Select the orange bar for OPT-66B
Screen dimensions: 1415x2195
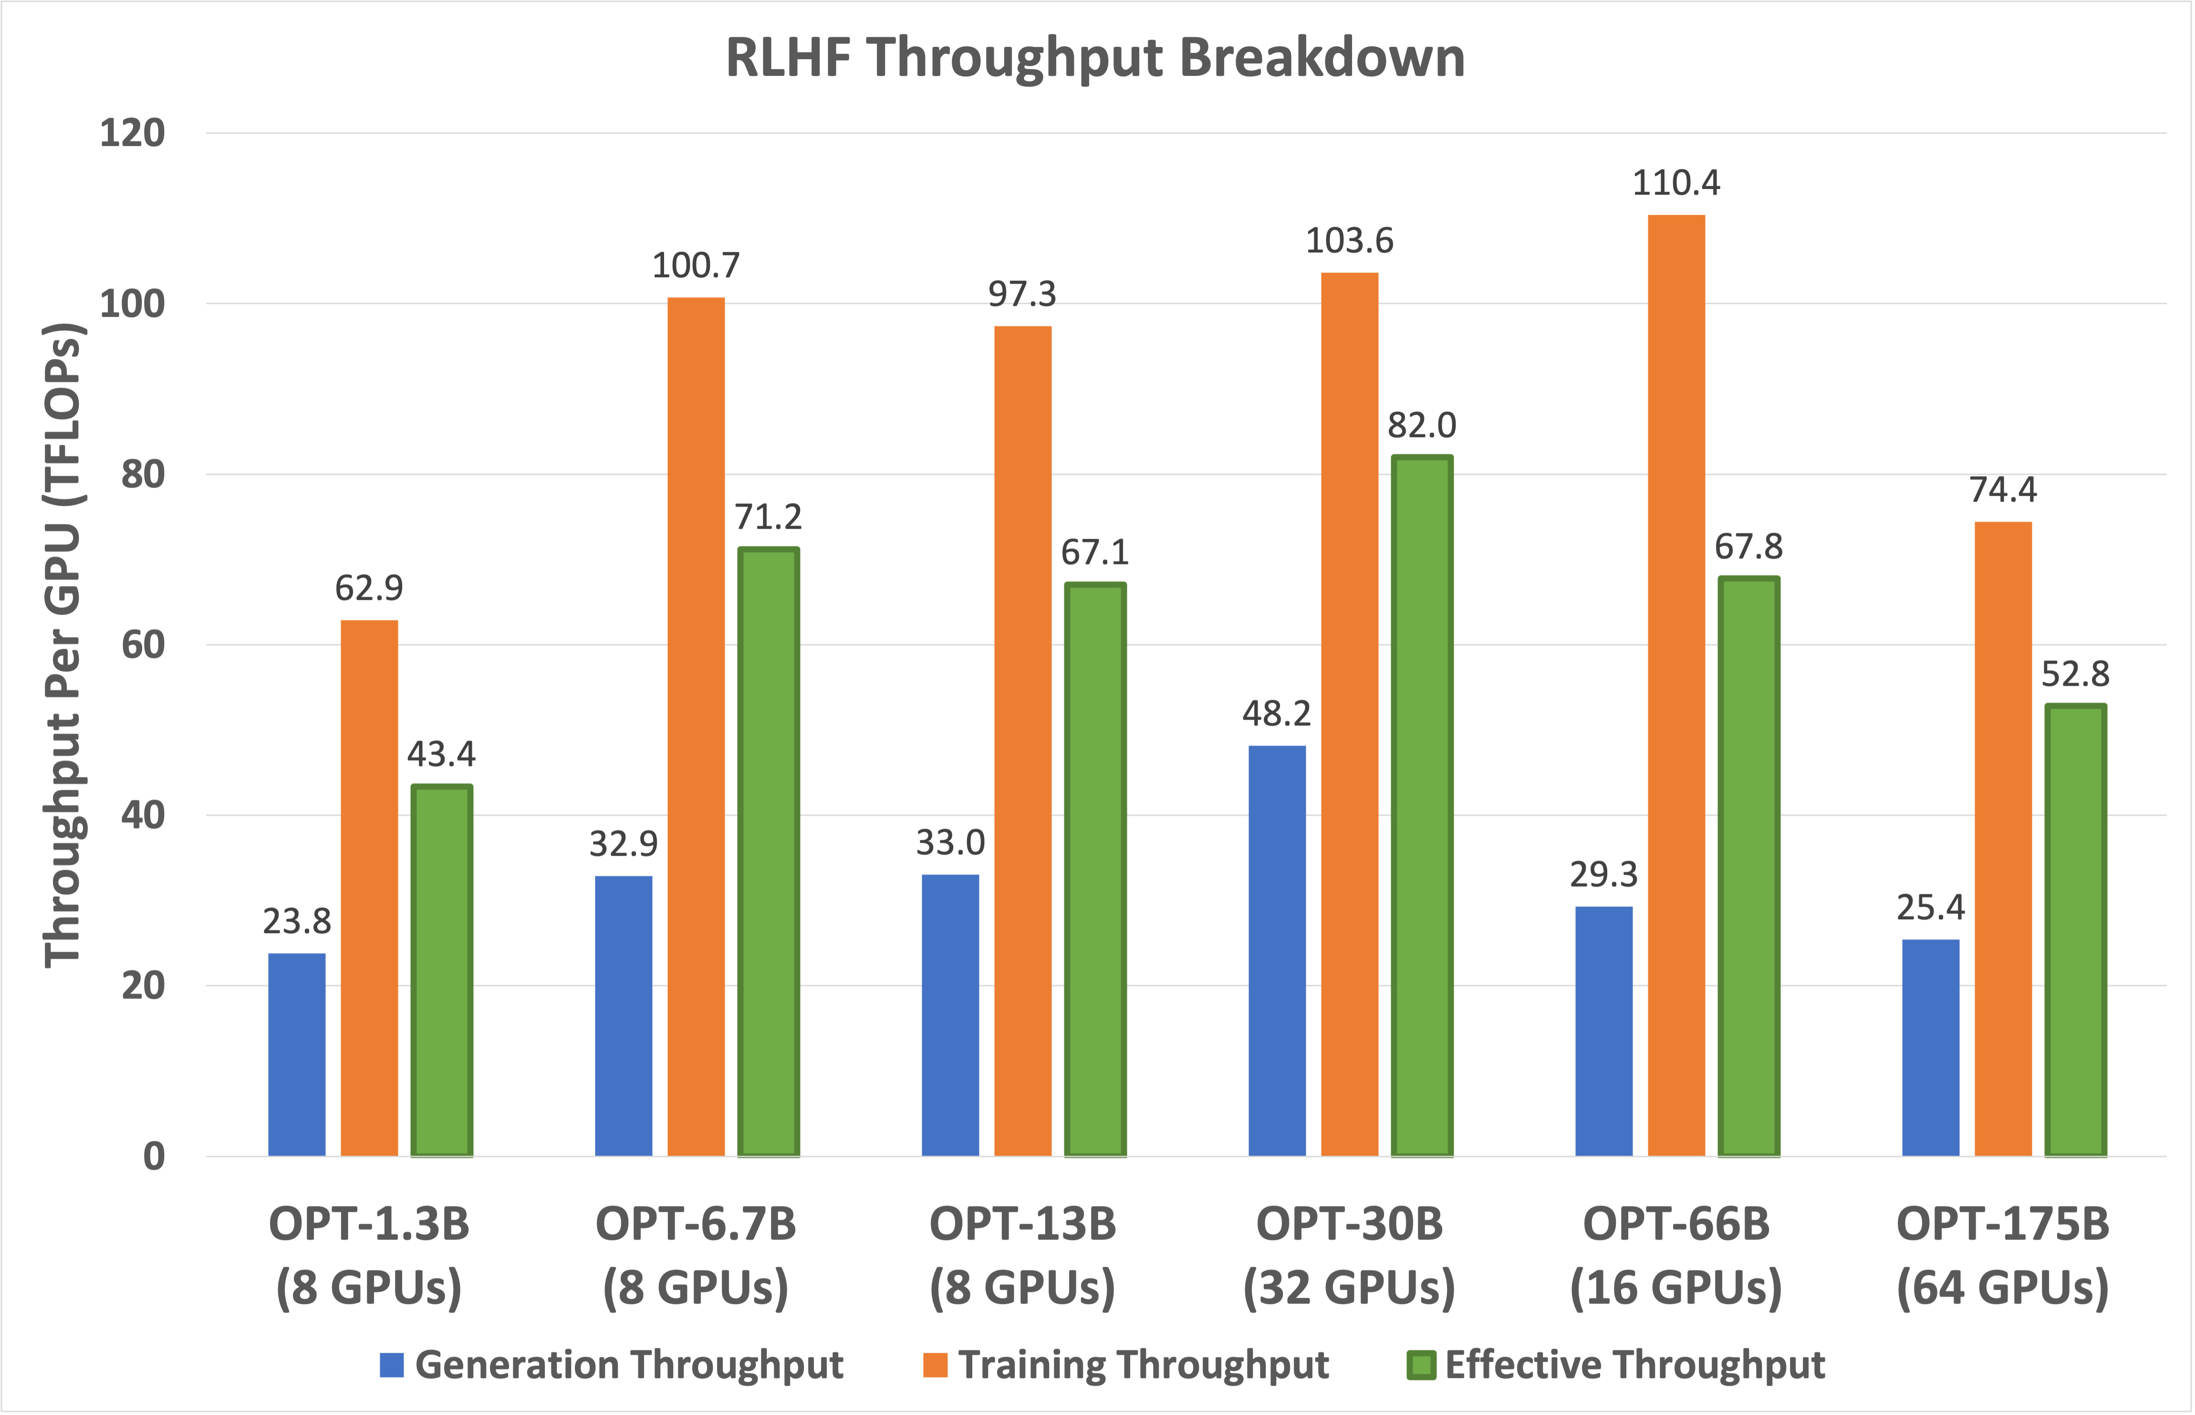pyautogui.click(x=1676, y=684)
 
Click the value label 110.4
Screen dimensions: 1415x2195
pyautogui.click(x=1676, y=183)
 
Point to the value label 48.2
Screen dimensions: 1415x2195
pyautogui.click(x=1277, y=713)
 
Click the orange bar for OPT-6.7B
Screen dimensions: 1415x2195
pyautogui.click(x=696, y=726)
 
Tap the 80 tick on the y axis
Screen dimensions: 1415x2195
pyautogui.click(x=142, y=474)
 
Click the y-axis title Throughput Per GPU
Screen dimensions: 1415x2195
pyautogui.click(x=64, y=643)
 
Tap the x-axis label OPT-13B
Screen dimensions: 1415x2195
pyautogui.click(x=1022, y=1224)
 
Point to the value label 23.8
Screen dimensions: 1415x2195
pyautogui.click(x=297, y=921)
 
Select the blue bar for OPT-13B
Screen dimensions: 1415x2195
pyautogui.click(x=950, y=1015)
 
